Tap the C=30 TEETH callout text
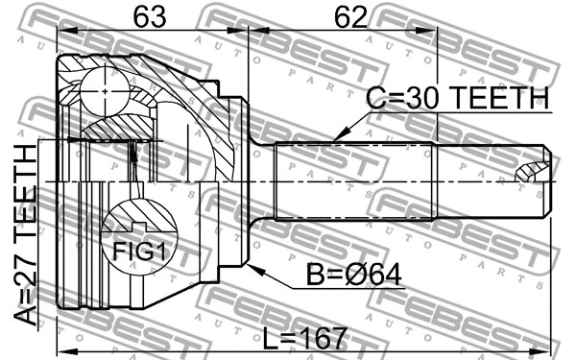(x=459, y=99)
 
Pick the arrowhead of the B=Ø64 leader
(x=252, y=269)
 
